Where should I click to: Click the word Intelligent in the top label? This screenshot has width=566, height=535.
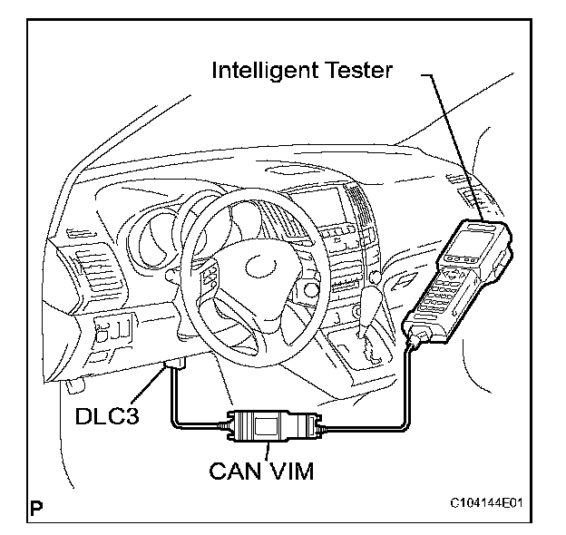pyautogui.click(x=264, y=69)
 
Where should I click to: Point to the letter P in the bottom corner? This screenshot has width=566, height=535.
pyautogui.click(x=36, y=507)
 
